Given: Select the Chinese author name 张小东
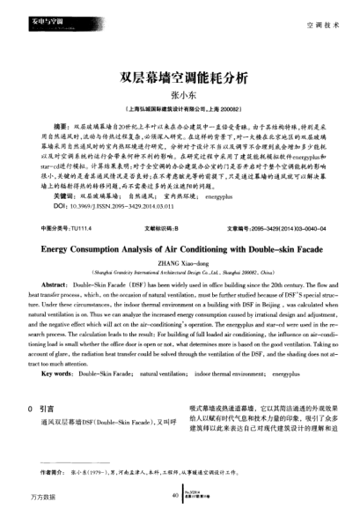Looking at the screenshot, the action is pyautogui.click(x=180, y=96).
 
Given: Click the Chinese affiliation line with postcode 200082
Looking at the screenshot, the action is pyautogui.click(x=180, y=112).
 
